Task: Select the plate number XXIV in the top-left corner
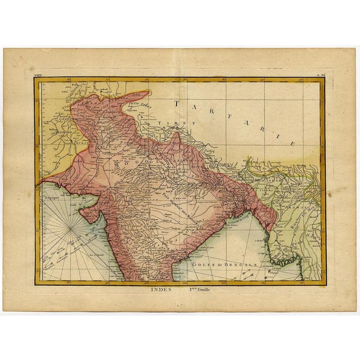38,74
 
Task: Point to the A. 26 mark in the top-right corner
319,74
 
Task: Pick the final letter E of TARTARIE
292,144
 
